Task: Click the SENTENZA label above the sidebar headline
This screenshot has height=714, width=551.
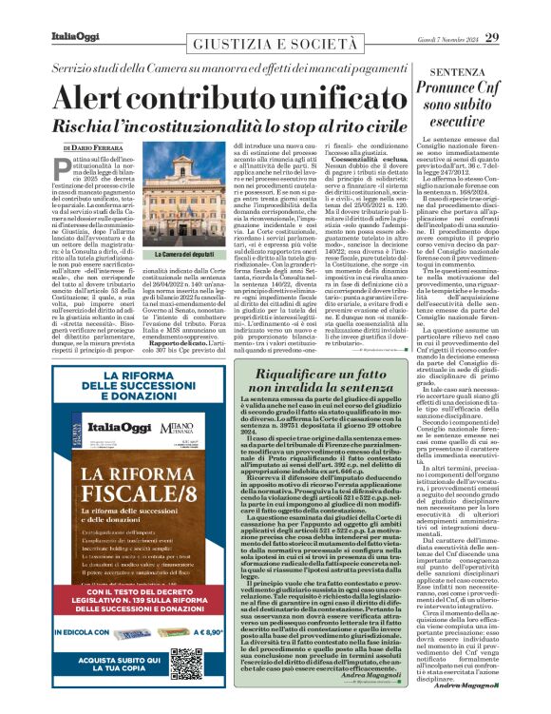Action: tap(484, 72)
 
